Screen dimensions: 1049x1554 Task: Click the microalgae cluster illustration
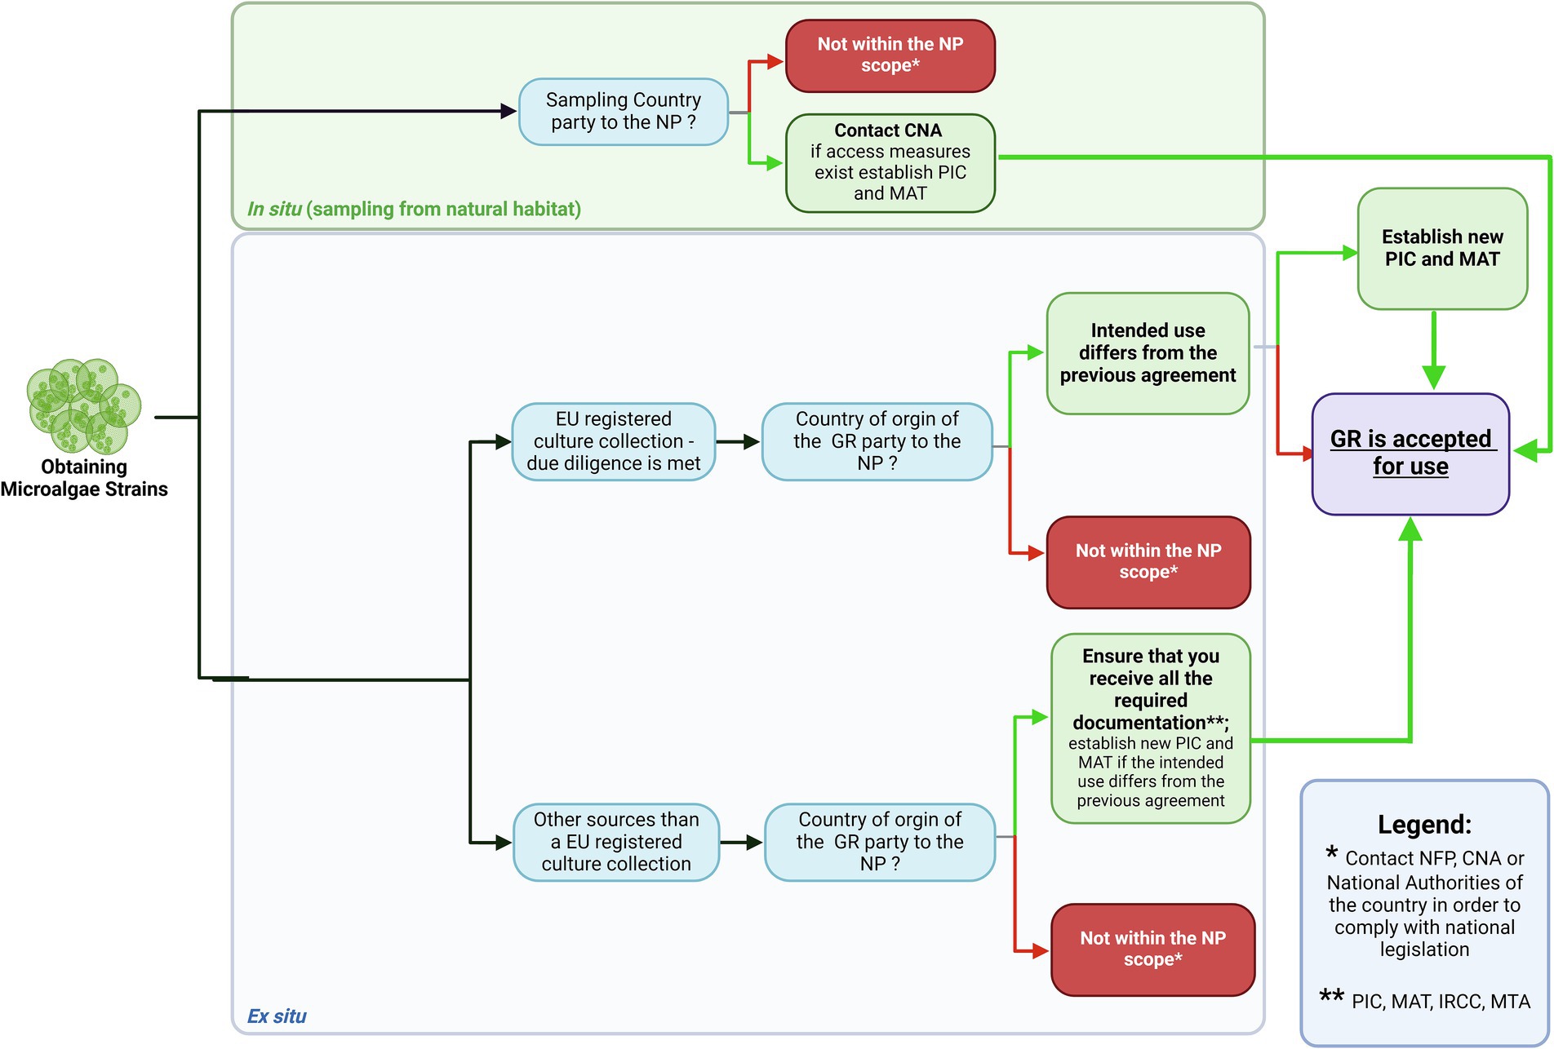(x=83, y=405)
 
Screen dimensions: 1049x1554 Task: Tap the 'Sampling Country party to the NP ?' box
(x=623, y=112)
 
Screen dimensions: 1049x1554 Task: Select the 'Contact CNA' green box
(x=890, y=162)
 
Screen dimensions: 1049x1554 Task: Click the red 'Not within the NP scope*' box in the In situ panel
(x=890, y=55)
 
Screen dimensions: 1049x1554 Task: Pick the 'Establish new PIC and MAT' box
(x=1441, y=248)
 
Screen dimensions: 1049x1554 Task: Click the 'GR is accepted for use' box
(x=1410, y=454)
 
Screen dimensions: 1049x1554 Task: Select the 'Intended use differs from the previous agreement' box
(x=1147, y=353)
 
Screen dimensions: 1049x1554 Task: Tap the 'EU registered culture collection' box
(x=613, y=441)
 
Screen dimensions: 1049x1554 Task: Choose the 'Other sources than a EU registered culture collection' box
(x=615, y=842)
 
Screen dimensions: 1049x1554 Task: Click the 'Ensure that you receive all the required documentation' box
(x=1150, y=728)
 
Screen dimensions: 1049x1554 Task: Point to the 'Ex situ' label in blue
(x=277, y=1016)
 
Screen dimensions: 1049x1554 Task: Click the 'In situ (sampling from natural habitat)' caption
(x=414, y=209)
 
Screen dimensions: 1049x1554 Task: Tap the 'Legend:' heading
(x=1424, y=824)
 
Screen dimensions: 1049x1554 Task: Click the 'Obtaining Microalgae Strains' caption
(x=84, y=478)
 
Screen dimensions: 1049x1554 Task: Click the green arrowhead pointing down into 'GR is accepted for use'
(x=1433, y=377)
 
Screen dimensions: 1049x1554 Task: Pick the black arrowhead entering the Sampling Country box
(x=508, y=111)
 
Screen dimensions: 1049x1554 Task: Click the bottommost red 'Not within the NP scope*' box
(x=1152, y=949)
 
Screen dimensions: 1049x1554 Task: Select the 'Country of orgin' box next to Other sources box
(x=879, y=842)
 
